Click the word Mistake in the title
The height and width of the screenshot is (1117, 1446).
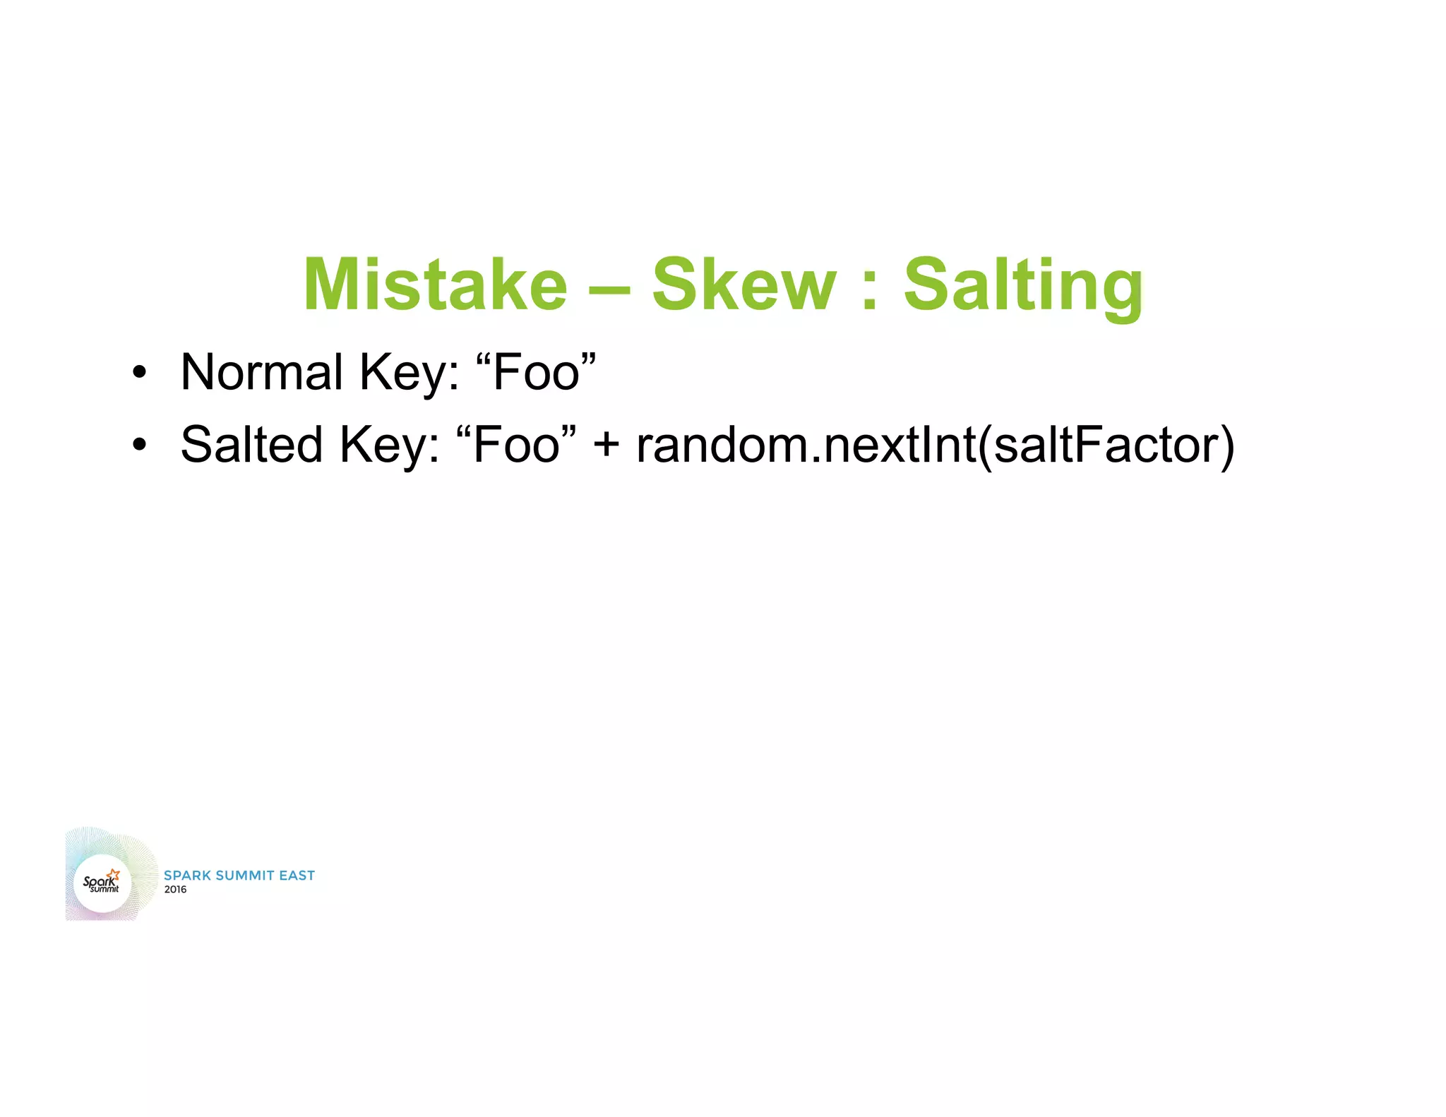(435, 284)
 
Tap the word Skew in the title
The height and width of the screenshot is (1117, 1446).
(743, 284)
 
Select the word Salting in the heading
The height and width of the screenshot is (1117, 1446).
(1023, 285)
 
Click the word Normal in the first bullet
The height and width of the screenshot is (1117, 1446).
(261, 372)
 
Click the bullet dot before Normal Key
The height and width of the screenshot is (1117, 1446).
(139, 373)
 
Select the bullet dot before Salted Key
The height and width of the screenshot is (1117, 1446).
(139, 446)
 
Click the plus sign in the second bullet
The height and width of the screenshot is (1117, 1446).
(607, 446)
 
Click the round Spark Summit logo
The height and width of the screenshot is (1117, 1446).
(102, 883)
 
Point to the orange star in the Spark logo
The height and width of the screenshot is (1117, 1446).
(114, 875)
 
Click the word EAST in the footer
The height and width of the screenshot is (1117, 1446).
(297, 876)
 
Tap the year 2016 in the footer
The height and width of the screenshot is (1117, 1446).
(175, 890)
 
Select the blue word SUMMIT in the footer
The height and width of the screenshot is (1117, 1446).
(245, 876)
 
